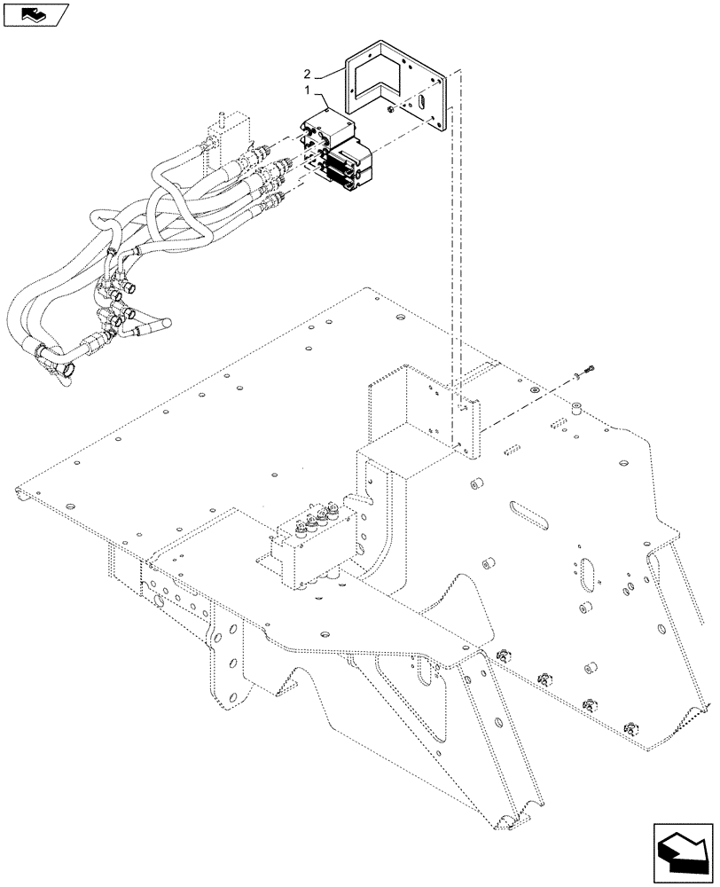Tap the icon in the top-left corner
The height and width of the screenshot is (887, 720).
point(35,14)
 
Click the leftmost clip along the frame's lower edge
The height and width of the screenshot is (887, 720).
point(508,655)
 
